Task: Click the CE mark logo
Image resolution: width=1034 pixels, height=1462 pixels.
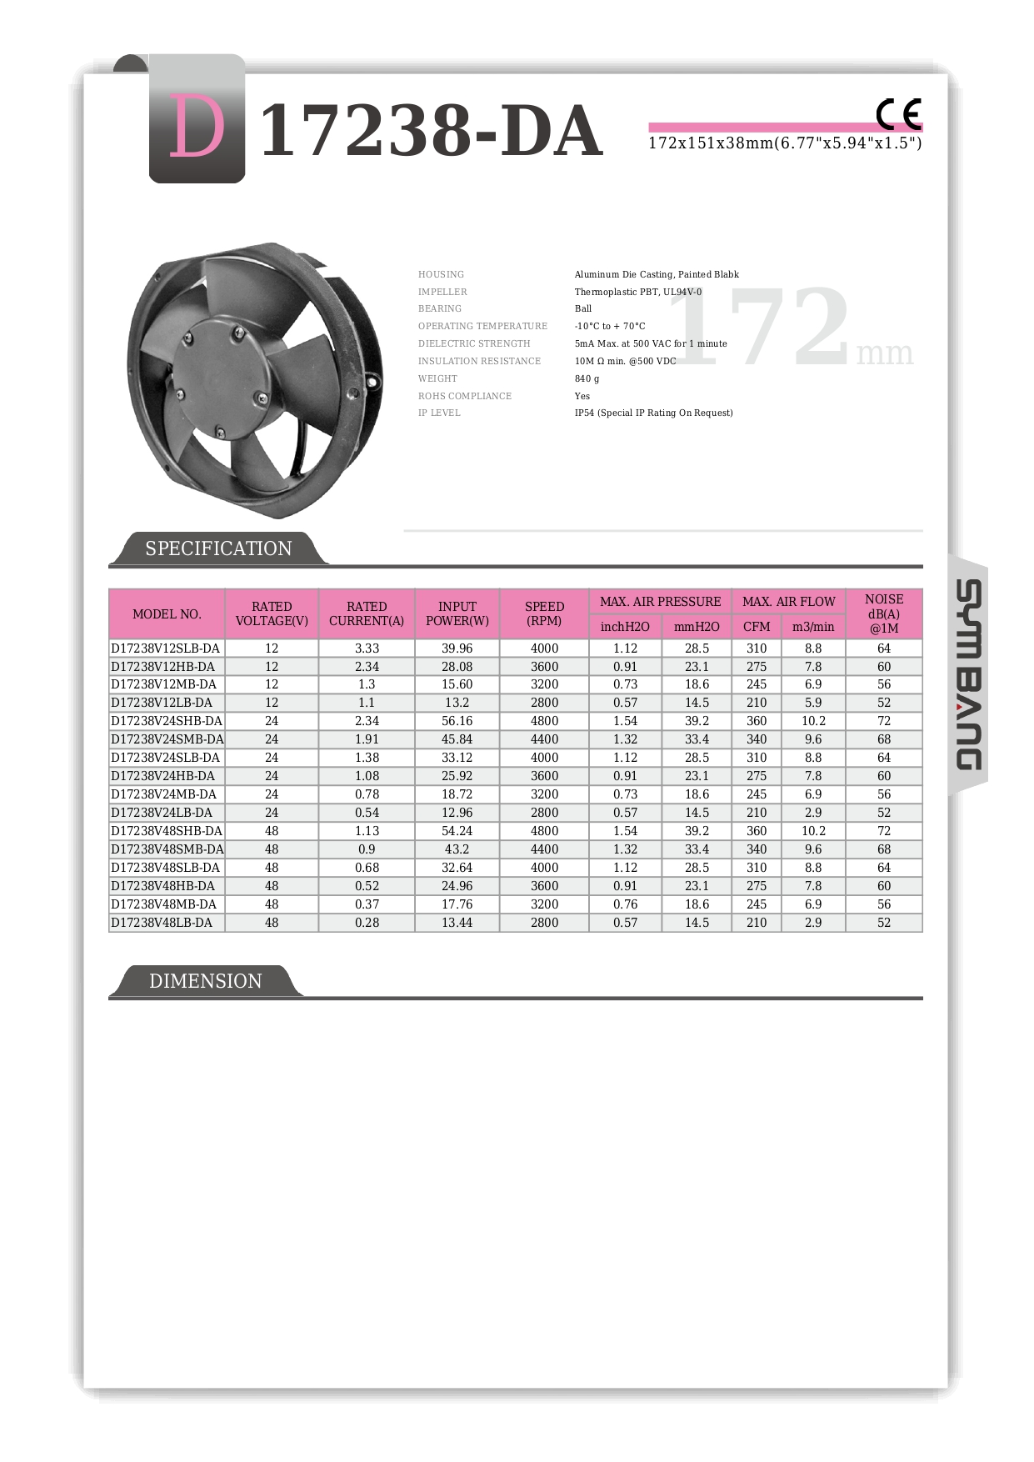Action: tap(898, 114)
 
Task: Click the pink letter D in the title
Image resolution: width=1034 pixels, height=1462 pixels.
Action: tap(197, 127)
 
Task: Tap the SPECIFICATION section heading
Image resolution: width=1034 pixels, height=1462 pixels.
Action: tap(218, 548)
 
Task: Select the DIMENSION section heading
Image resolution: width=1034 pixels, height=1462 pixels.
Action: tap(205, 981)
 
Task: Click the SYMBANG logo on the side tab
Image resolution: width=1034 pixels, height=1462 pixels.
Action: tap(968, 674)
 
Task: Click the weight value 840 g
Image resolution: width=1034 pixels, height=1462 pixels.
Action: tap(587, 378)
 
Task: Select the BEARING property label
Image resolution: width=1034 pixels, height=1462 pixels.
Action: tap(439, 308)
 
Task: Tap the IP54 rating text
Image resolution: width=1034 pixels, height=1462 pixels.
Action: tap(653, 413)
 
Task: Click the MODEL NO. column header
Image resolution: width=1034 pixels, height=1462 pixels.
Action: tap(167, 614)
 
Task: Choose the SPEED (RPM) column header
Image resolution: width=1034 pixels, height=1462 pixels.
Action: tap(544, 613)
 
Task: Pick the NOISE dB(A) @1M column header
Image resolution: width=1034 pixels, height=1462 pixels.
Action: tap(883, 613)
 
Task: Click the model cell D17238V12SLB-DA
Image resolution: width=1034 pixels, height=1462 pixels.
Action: tap(166, 648)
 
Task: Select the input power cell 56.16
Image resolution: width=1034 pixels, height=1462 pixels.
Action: tap(457, 721)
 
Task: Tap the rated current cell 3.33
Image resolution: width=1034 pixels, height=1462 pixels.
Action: tap(367, 648)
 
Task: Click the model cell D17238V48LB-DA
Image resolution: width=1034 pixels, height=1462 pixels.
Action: tap(162, 923)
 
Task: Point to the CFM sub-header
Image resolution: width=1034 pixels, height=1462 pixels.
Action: tap(756, 627)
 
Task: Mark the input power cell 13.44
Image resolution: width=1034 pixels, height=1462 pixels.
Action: tap(457, 923)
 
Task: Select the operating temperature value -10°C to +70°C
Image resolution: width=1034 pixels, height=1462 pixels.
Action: tap(609, 326)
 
